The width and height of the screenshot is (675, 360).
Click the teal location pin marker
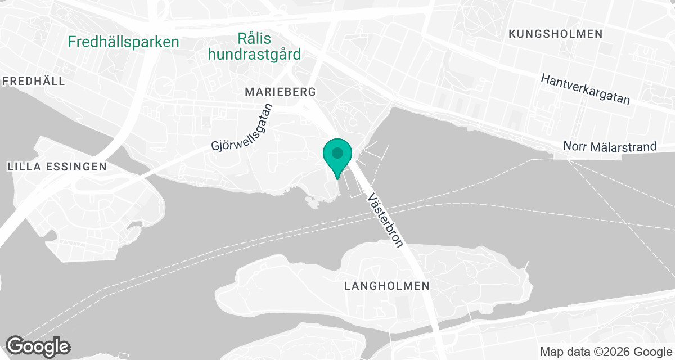pos(337,157)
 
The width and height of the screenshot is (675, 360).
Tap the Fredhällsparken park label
pos(123,42)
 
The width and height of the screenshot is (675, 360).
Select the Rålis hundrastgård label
pos(254,46)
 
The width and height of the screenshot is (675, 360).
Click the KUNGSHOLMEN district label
pos(555,34)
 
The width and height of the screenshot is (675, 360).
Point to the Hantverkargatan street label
pos(585,89)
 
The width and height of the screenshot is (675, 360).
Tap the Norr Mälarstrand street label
pos(610,147)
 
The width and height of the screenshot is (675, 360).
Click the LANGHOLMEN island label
pos(387,286)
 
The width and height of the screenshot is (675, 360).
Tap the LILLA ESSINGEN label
pos(57,166)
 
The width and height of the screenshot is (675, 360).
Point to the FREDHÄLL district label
pos(34,81)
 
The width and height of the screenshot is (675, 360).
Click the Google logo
pos(38,345)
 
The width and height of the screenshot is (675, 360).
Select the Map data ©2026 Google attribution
pos(606,352)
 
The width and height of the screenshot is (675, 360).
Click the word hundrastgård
pos(254,54)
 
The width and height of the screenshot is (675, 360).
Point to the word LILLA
pos(21,166)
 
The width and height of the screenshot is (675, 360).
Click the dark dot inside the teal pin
pos(337,152)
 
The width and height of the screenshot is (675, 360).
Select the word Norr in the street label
pos(574,146)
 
